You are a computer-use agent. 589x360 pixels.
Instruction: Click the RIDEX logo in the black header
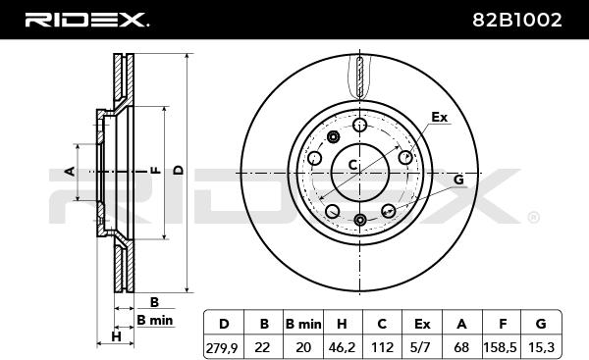[x=86, y=20]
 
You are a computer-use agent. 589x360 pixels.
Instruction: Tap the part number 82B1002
[x=517, y=20]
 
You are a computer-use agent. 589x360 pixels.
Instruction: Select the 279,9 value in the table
[x=222, y=347]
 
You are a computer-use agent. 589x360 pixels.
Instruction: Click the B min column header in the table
[x=303, y=324]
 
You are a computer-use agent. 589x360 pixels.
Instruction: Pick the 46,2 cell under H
[x=342, y=347]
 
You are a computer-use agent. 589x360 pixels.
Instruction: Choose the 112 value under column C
[x=382, y=347]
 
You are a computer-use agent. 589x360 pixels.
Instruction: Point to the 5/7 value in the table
[x=421, y=347]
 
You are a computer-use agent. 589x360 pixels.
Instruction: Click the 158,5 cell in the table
[x=501, y=347]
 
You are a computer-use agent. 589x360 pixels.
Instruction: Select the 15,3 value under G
[x=541, y=347]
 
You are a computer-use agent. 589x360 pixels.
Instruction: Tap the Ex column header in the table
[x=422, y=324]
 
